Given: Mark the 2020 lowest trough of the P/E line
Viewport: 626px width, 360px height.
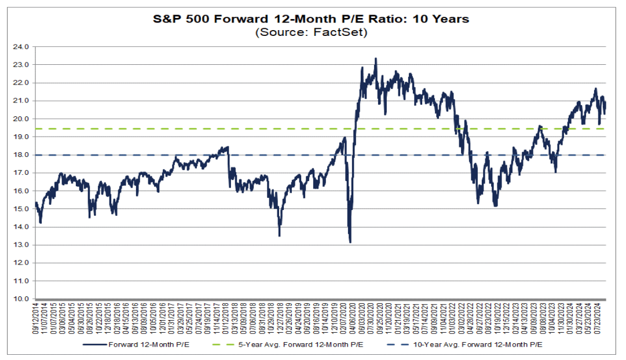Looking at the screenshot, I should (x=350, y=242).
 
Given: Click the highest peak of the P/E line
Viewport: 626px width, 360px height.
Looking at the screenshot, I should (x=375, y=58).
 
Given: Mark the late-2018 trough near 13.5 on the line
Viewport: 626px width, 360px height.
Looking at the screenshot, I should (x=279, y=236).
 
